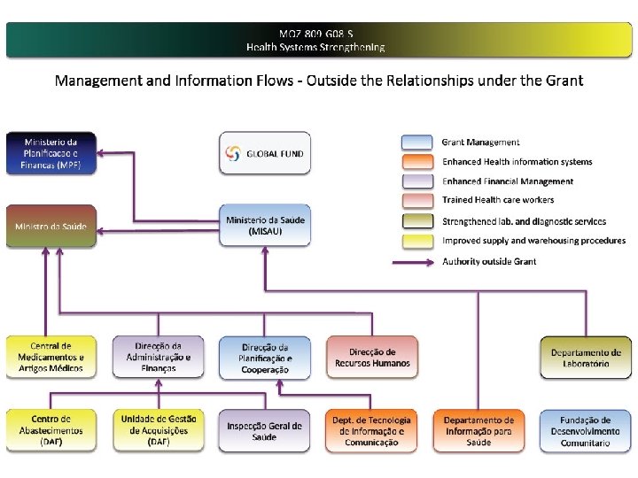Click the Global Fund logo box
pyautogui.click(x=266, y=153)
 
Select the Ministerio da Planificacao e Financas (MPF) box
pyautogui.click(x=51, y=153)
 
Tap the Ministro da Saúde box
pyautogui.click(x=51, y=227)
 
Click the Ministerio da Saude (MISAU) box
pyautogui.click(x=266, y=226)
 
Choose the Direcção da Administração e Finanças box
pyautogui.click(x=158, y=357)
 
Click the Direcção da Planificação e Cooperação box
pyautogui.click(x=265, y=358)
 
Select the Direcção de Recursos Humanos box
pyautogui.click(x=372, y=358)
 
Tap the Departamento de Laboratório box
pyautogui.click(x=586, y=358)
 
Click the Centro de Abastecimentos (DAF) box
pyautogui.click(x=51, y=430)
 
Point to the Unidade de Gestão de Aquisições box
pyautogui.click(x=158, y=430)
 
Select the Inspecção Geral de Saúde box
pyautogui.click(x=265, y=430)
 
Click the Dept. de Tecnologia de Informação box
pyautogui.click(x=372, y=430)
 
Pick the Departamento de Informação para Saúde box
pyautogui.click(x=478, y=430)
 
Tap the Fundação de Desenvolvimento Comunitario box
pyautogui.click(x=586, y=430)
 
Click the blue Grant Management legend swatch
pyautogui.click(x=416, y=142)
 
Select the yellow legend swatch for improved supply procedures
pyautogui.click(x=416, y=240)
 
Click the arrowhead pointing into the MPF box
pyautogui.click(x=102, y=153)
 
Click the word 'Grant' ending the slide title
pyautogui.click(x=564, y=81)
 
